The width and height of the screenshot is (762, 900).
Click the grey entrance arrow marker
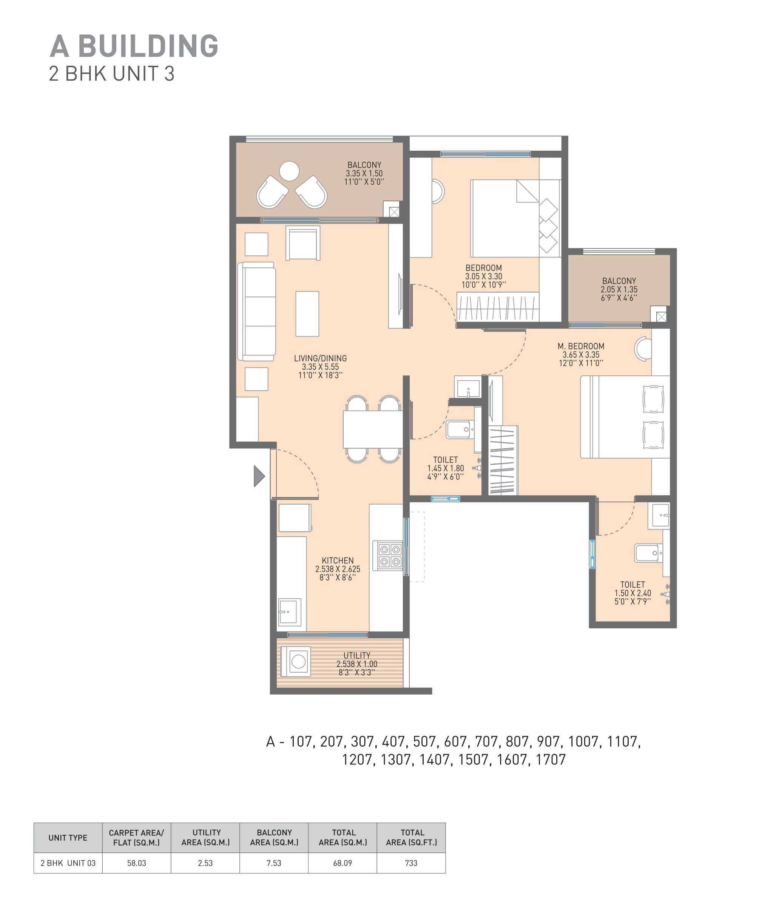pos(258,476)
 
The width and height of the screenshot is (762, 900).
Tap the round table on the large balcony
pos(289,171)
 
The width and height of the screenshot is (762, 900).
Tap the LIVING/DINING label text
pos(320,358)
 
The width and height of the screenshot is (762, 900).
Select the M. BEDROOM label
pos(581,346)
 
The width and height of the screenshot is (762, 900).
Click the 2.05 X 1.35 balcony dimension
pos(619,289)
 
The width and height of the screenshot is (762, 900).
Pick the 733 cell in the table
pos(411,863)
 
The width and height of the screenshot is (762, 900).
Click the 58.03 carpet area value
pos(137,863)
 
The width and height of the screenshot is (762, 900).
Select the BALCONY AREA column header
pos(274,837)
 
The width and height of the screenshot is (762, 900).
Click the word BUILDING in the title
pos(148,46)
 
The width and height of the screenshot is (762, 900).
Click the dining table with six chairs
pos(372,429)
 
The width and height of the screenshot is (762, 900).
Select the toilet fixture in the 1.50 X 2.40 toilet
pos(648,553)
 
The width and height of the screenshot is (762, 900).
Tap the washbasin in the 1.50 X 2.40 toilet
pos(659,516)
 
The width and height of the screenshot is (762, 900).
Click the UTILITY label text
pos(356,655)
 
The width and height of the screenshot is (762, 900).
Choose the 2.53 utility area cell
pos(205,863)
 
